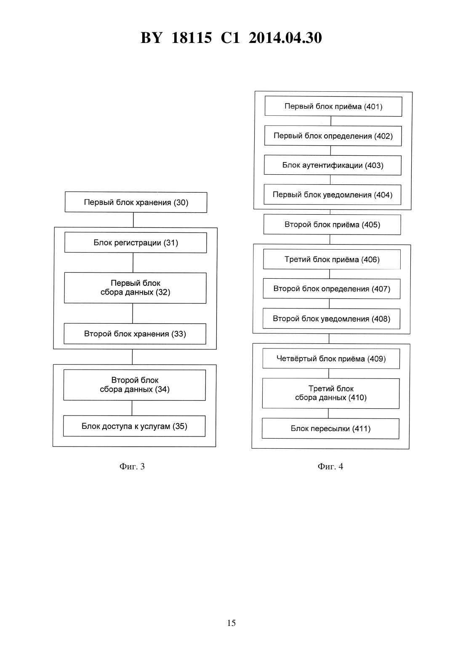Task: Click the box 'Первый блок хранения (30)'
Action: coord(136,202)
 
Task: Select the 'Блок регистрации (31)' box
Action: coord(136,242)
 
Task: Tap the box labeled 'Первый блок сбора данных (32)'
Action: coord(136,288)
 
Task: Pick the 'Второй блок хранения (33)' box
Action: coord(135,334)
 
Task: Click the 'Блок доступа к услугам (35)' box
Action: coord(134,426)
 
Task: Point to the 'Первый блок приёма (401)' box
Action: coord(333,106)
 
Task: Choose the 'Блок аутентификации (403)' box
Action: coord(333,165)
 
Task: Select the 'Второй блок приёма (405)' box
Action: coord(333,224)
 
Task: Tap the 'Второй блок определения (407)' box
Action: coord(332,289)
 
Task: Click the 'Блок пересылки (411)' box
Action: coord(330,429)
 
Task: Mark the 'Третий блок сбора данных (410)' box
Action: coord(331,393)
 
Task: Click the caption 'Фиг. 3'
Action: coord(132,466)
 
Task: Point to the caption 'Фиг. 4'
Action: coord(330,466)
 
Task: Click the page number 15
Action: coord(231,623)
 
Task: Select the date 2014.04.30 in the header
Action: coord(285,38)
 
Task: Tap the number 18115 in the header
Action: coord(192,38)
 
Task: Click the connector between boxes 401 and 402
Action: coord(331,121)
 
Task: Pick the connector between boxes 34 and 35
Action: coord(132,408)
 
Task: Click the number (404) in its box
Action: coord(383,195)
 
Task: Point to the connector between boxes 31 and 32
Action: coord(133,263)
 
